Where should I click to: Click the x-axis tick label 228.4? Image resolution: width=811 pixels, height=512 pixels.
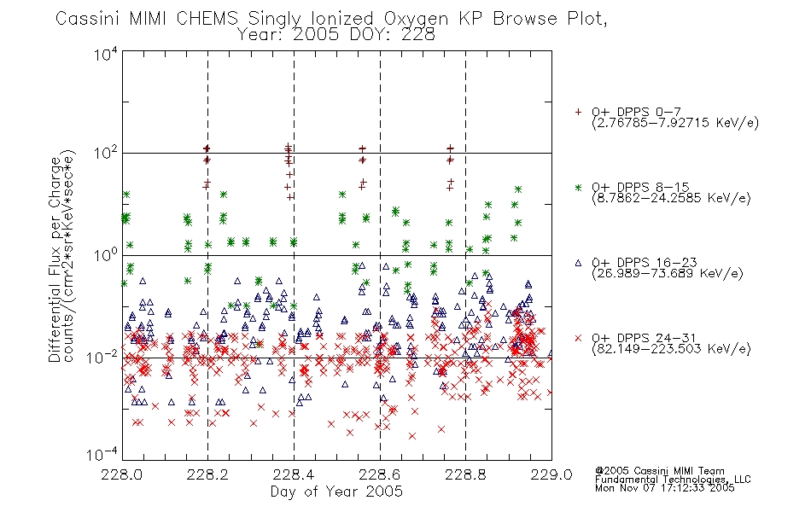point(294,474)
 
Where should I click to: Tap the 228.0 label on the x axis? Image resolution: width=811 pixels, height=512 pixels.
point(121,474)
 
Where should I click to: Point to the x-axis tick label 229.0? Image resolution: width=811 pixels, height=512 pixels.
point(551,474)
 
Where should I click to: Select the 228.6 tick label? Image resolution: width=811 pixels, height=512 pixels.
point(380,474)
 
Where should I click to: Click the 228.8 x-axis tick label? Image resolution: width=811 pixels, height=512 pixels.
point(465,474)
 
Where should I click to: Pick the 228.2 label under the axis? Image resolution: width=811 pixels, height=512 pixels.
point(207,474)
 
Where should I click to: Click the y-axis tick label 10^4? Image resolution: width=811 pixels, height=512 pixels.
point(106,54)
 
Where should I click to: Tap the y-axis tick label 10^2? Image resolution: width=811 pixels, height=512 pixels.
point(106,154)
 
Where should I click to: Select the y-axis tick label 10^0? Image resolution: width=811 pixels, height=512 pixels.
point(106,255)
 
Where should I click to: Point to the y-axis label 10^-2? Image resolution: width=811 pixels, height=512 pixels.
point(102,357)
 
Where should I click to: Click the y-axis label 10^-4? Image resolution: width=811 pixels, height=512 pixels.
point(102,454)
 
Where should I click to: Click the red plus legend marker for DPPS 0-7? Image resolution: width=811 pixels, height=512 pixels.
point(578,112)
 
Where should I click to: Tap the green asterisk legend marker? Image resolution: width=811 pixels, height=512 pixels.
point(578,187)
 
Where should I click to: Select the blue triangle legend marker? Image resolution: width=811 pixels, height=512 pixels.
point(578,263)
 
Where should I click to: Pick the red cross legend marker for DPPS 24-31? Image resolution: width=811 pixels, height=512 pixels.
point(578,338)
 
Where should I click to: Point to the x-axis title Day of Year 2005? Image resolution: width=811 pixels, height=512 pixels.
point(336,492)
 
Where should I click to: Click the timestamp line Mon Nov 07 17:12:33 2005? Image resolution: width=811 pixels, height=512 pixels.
point(665,488)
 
